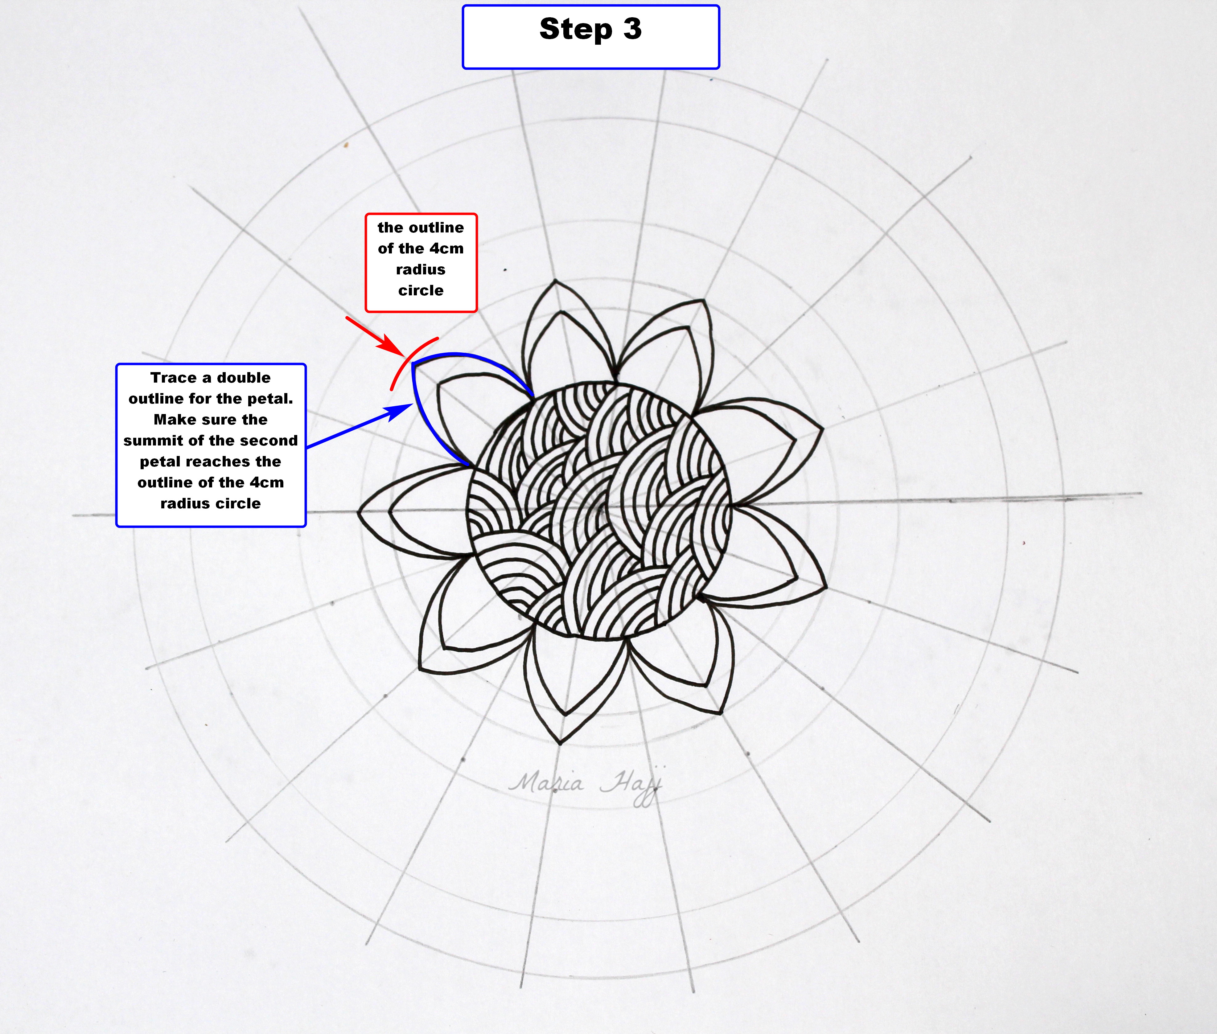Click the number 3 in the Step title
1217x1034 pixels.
click(632, 29)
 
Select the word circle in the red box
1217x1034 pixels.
click(421, 291)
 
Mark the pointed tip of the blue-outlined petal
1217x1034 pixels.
click(413, 365)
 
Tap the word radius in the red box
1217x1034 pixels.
click(421, 270)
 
